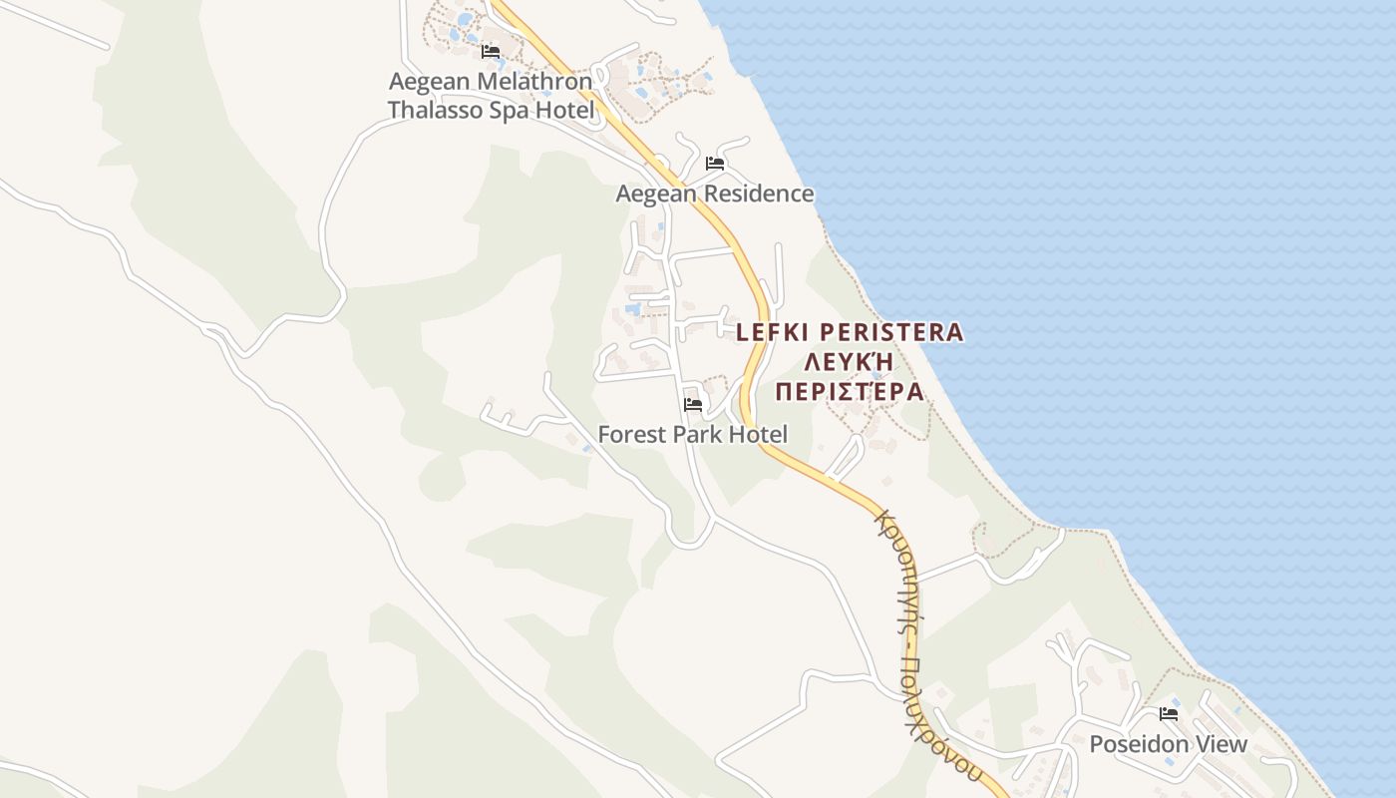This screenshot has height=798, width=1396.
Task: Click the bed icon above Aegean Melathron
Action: [490, 51]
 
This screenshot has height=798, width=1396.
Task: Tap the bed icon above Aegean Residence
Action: [714, 163]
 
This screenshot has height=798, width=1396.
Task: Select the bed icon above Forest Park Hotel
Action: [693, 405]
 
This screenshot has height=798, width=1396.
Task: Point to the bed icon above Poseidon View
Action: [1169, 714]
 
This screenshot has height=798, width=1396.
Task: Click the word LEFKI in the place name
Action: [771, 332]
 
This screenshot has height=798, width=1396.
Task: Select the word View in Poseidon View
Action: [1221, 744]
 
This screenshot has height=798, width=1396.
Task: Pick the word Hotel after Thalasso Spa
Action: [564, 110]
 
